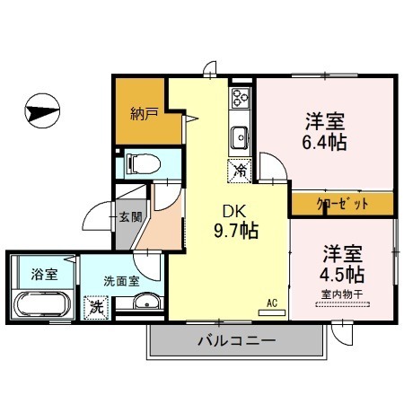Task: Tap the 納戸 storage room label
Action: tap(139, 113)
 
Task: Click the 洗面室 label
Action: tap(120, 280)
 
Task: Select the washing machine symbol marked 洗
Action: tap(93, 305)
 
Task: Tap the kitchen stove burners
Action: tap(241, 100)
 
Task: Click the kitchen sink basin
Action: tap(240, 136)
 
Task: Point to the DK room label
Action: tap(223, 212)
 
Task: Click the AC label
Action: tap(273, 303)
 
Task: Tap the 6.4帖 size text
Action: tap(325, 142)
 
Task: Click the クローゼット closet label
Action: tap(342, 204)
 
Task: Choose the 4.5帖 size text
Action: tap(343, 274)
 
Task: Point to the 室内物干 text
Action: tap(342, 293)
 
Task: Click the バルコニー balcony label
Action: tap(234, 340)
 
